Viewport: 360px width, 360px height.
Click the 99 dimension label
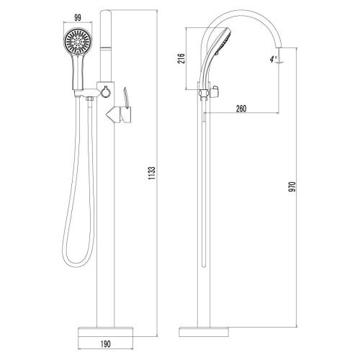(78, 17)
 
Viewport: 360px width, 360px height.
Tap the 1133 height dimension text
(152, 173)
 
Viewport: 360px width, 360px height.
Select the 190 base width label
(105, 343)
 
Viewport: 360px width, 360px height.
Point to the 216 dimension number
(181, 58)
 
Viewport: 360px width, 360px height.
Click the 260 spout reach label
(241, 109)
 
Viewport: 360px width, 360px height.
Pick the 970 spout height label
(292, 186)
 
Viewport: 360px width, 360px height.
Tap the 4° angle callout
(273, 59)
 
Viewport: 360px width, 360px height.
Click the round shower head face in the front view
(78, 42)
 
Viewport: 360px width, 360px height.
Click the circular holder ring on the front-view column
(105, 91)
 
